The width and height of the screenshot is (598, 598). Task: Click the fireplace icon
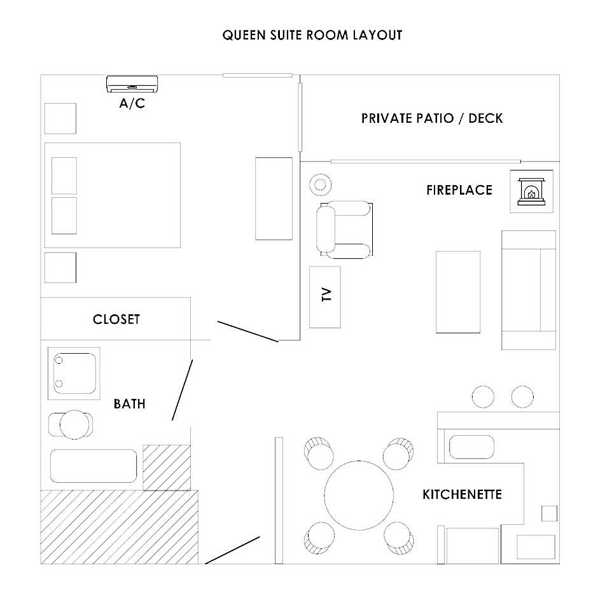click(x=531, y=191)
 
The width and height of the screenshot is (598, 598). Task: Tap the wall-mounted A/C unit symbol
click(x=132, y=84)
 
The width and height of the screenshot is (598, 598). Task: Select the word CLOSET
click(x=116, y=319)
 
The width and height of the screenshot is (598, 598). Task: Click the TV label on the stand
click(x=326, y=295)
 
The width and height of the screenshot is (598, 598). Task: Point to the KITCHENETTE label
click(x=462, y=494)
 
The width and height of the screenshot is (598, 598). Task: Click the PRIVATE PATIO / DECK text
click(x=432, y=118)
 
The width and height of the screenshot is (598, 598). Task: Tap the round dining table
click(x=359, y=495)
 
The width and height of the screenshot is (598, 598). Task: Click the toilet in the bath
click(x=71, y=424)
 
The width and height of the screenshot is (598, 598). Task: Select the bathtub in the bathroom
click(x=94, y=466)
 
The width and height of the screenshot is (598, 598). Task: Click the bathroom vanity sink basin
click(x=74, y=373)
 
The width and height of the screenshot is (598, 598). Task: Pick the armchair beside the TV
click(x=344, y=230)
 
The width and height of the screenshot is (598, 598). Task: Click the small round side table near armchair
click(x=321, y=185)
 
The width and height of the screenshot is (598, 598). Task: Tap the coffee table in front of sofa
click(x=458, y=292)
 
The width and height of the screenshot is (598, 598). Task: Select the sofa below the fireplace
click(x=529, y=290)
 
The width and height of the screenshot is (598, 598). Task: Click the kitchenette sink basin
click(x=472, y=447)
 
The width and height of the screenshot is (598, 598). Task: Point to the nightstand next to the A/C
click(x=60, y=118)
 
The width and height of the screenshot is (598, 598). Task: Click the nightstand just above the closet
click(x=60, y=267)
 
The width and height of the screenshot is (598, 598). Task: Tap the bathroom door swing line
click(x=183, y=390)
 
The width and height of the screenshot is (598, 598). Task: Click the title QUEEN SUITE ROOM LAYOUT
click(x=312, y=35)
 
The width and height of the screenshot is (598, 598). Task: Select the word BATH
click(x=130, y=404)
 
